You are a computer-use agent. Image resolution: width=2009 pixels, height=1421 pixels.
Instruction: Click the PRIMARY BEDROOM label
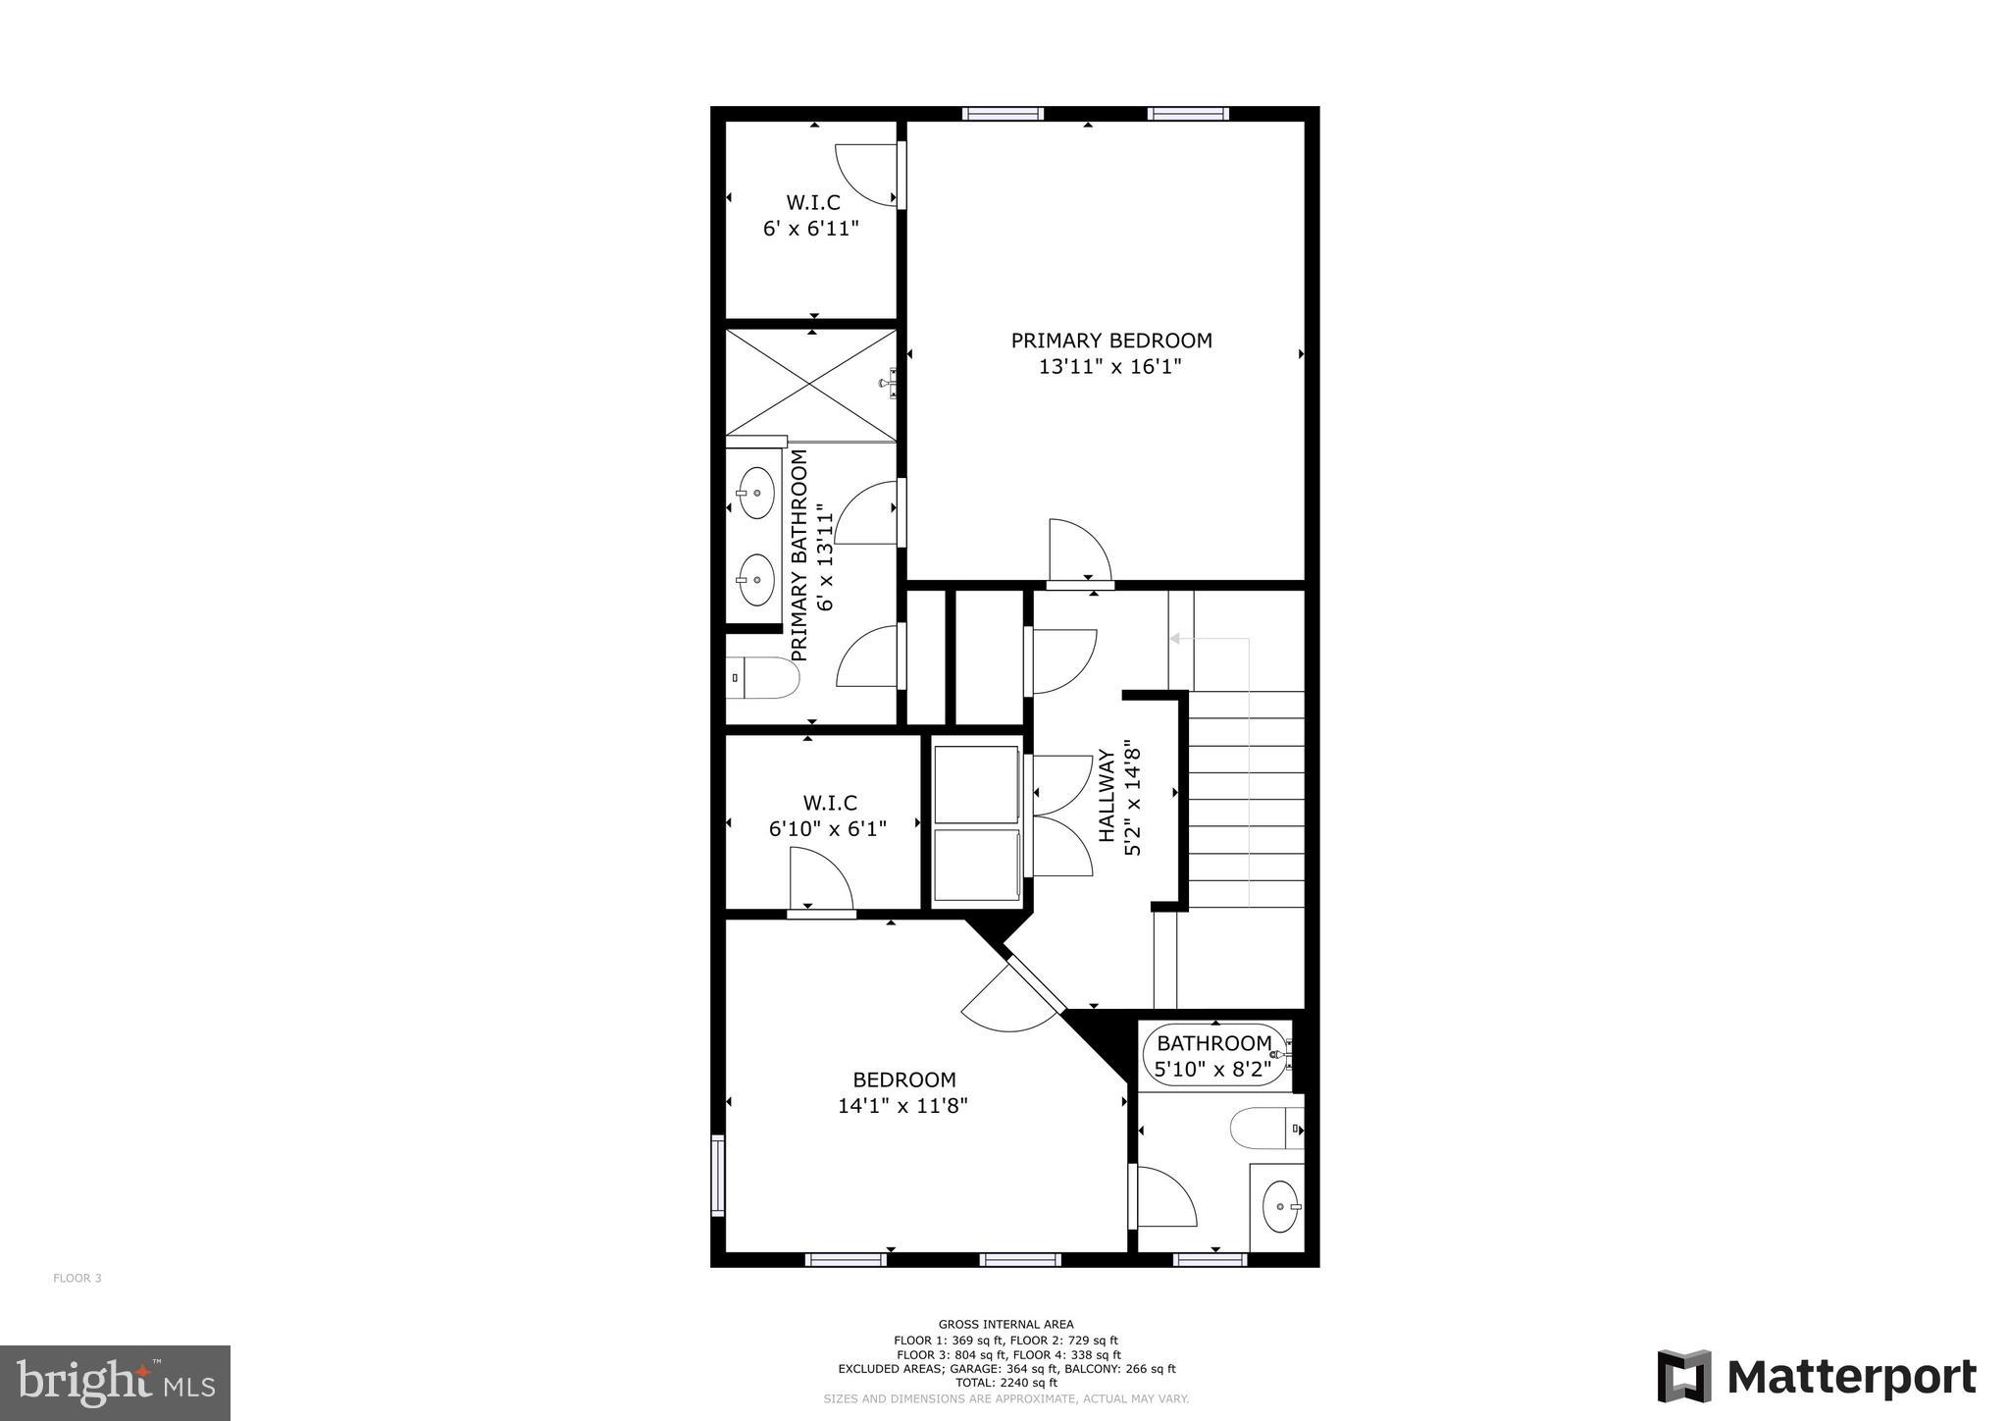(x=1111, y=341)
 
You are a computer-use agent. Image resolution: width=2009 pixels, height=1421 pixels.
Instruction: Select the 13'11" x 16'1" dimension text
(x=1110, y=367)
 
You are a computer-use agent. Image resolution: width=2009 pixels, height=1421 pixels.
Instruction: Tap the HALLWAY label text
(x=1107, y=795)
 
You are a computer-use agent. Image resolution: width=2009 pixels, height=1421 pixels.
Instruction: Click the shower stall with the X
(x=810, y=385)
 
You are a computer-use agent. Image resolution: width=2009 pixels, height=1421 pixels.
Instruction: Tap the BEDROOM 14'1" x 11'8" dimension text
(x=902, y=1106)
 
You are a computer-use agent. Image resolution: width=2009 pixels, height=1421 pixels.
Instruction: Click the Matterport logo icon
(x=1684, y=1376)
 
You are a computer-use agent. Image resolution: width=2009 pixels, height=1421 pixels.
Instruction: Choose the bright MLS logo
(x=116, y=1383)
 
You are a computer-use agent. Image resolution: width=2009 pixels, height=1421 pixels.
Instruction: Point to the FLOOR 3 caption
(x=77, y=1278)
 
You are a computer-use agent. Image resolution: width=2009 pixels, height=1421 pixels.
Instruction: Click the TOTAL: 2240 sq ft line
(x=1005, y=1383)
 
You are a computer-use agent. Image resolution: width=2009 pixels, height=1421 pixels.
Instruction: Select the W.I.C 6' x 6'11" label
(x=812, y=216)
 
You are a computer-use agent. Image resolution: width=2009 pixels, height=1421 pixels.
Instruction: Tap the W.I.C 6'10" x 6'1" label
(x=828, y=816)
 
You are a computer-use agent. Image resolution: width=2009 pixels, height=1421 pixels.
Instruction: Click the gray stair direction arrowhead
(x=1174, y=639)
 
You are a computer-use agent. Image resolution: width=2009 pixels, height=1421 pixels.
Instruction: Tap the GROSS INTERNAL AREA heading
(x=1005, y=1324)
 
